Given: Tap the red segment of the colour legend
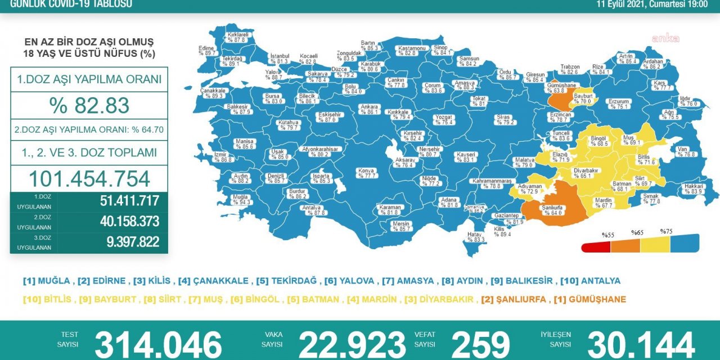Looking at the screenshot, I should pyautogui.click(x=596, y=245).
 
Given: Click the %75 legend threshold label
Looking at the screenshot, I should pyautogui.click(x=667, y=232).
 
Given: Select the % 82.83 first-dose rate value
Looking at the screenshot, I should pyautogui.click(x=89, y=105).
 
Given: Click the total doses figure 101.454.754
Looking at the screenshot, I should pyautogui.click(x=89, y=178).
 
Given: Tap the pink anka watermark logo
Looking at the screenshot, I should pyautogui.click(x=665, y=39).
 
